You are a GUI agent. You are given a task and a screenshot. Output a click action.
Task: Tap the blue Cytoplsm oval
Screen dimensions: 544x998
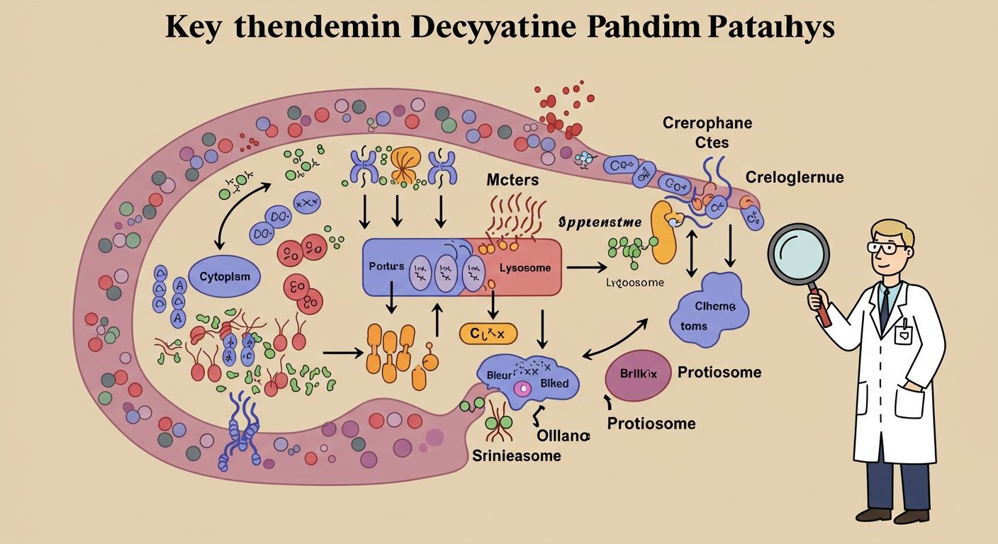(225, 277)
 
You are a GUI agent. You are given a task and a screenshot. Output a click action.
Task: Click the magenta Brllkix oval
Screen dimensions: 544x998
(637, 375)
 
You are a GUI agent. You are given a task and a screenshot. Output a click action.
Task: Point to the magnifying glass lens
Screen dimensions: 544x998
(798, 253)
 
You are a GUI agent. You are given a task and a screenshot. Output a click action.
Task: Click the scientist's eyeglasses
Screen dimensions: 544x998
(887, 248)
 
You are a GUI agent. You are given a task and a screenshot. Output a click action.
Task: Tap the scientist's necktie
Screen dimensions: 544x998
(885, 305)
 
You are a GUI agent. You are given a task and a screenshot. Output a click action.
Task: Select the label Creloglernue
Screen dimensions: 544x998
(794, 176)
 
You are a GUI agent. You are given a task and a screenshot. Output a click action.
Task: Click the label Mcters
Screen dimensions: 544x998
(512, 180)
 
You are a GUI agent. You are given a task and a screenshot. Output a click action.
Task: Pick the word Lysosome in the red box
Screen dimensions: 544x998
(525, 268)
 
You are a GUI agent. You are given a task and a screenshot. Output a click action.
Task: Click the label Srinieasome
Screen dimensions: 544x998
(516, 455)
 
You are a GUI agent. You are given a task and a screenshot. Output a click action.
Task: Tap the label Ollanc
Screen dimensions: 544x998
(563, 436)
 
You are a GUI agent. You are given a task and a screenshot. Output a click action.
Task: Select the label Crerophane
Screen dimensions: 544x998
(707, 123)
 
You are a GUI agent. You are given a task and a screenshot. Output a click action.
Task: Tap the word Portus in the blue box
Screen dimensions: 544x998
(386, 267)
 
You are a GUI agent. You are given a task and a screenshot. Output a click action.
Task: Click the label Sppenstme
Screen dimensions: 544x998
(600, 222)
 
